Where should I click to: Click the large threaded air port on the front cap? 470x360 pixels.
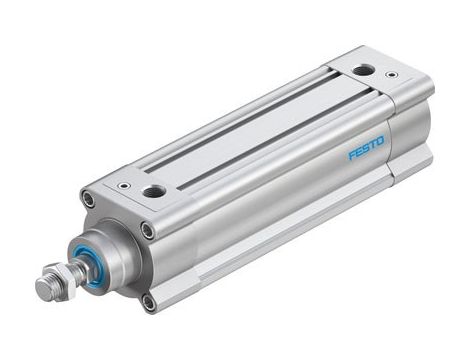[154, 191]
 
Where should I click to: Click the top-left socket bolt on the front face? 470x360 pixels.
[89, 201]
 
